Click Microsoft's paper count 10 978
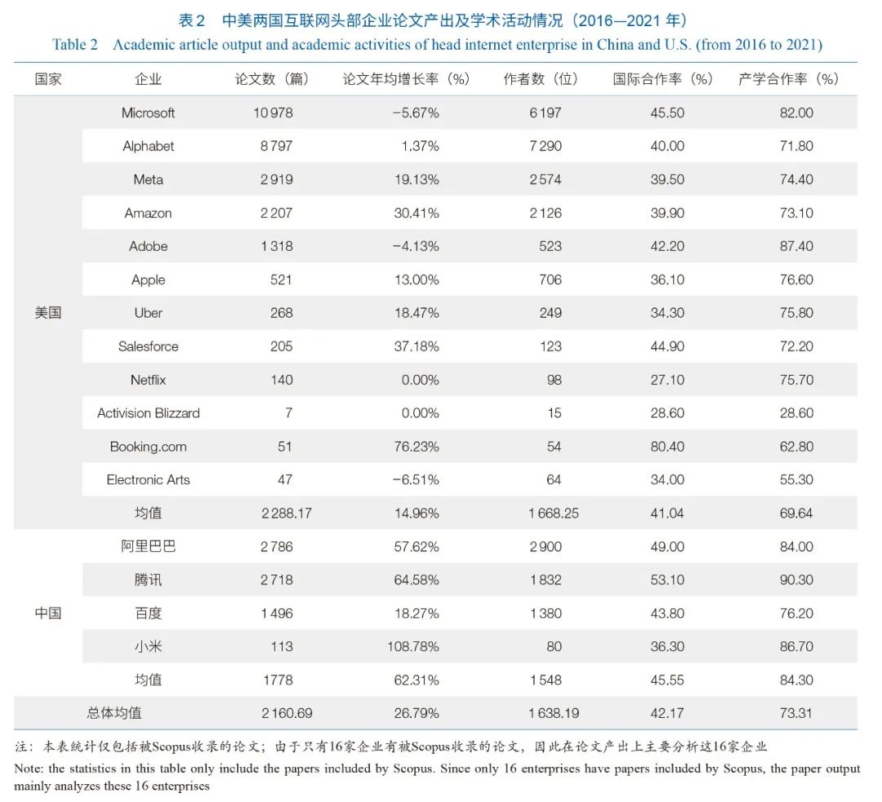[273, 113]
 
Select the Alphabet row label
[149, 146]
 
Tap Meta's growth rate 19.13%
[416, 180]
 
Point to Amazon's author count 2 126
[546, 213]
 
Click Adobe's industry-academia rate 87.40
[796, 247]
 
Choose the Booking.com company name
[149, 447]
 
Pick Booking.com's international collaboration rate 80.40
[667, 447]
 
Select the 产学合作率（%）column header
[789, 79]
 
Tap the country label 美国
[48, 313]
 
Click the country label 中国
[48, 613]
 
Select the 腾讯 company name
[149, 580]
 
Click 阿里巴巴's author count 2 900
[546, 546]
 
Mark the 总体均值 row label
[114, 713]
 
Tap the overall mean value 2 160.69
[287, 713]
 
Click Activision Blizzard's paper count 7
[288, 413]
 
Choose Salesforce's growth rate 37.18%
[416, 346]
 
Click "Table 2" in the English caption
[75, 44]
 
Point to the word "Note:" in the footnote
[29, 769]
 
